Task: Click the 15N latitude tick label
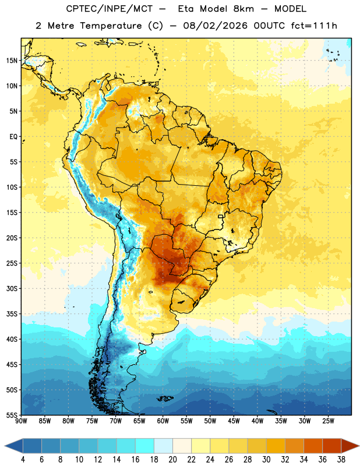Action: click(12, 61)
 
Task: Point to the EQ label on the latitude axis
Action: click(13, 137)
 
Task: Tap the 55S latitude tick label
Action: click(12, 415)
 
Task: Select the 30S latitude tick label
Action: click(12, 288)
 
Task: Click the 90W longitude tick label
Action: click(22, 421)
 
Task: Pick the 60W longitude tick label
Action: click(163, 421)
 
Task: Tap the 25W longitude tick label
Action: click(328, 421)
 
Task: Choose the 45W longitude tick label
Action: click(234, 421)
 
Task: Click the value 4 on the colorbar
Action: click(23, 460)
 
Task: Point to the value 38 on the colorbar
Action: click(341, 460)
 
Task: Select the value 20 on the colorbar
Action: click(172, 460)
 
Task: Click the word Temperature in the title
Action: click(111, 26)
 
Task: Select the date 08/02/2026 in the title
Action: click(215, 26)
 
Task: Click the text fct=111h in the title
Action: click(314, 26)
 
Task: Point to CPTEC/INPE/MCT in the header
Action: click(109, 9)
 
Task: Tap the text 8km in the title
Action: click(243, 9)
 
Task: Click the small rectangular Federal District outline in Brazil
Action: click(221, 216)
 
